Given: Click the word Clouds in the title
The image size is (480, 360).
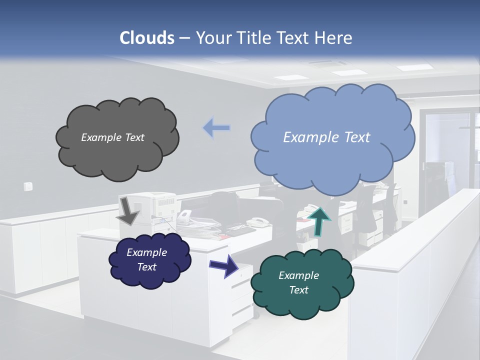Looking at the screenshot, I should click(147, 38).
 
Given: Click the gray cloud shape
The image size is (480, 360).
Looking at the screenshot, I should click(117, 155).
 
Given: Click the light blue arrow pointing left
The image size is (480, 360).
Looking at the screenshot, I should click(216, 128).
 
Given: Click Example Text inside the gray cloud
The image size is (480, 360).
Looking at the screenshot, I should click(112, 137).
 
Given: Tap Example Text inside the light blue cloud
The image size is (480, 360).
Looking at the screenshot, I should click(326, 137).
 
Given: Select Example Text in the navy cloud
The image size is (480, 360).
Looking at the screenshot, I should click(146, 259).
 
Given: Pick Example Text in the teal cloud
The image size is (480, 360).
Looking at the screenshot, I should click(298, 282).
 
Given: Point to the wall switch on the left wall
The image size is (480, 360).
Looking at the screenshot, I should click(28, 186).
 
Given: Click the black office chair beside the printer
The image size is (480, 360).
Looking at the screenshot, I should click(225, 205).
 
